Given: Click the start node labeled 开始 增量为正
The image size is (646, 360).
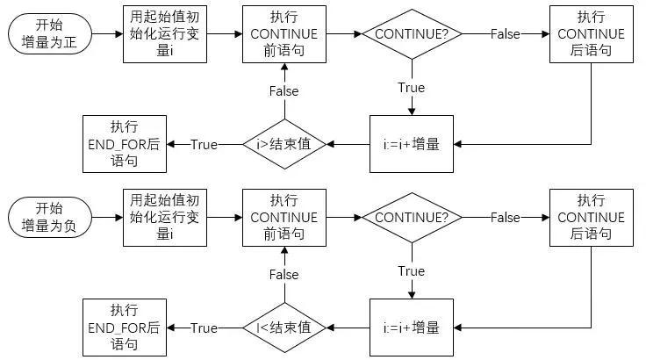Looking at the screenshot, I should click(x=49, y=34).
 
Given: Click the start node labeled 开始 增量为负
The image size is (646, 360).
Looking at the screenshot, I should click(x=49, y=217).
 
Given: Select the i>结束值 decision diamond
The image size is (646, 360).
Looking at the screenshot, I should click(x=284, y=144).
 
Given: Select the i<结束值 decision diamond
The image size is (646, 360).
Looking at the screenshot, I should click(x=284, y=328).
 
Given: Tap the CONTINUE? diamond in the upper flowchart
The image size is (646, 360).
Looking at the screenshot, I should click(x=412, y=34).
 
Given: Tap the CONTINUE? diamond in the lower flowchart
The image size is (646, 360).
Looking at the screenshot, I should click(x=412, y=217).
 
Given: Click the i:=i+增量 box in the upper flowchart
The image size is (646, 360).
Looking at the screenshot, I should click(x=412, y=144).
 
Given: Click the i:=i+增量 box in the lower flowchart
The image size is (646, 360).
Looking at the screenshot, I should click(x=412, y=328).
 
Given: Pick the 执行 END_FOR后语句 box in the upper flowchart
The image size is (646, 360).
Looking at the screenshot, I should click(x=124, y=144).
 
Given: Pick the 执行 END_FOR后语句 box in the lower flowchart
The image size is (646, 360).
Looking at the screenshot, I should click(x=124, y=328).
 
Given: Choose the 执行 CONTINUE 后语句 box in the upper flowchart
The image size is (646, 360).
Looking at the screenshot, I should click(x=590, y=34).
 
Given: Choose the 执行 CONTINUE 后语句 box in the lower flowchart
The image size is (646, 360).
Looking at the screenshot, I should click(x=590, y=217).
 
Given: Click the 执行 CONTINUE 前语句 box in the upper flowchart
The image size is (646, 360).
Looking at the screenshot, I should click(x=284, y=34).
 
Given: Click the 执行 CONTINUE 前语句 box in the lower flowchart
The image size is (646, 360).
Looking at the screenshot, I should click(x=284, y=217).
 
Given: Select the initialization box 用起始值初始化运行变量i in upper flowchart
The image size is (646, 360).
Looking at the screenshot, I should click(x=165, y=34).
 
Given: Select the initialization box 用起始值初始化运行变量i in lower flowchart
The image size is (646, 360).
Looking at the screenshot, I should click(x=165, y=217).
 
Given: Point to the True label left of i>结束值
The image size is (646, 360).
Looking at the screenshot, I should click(x=204, y=144).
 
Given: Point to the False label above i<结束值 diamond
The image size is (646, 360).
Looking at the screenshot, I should click(x=284, y=275).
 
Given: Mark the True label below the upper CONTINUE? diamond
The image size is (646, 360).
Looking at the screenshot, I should click(x=411, y=88).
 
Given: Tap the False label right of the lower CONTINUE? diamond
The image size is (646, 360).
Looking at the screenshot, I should click(x=505, y=217).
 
